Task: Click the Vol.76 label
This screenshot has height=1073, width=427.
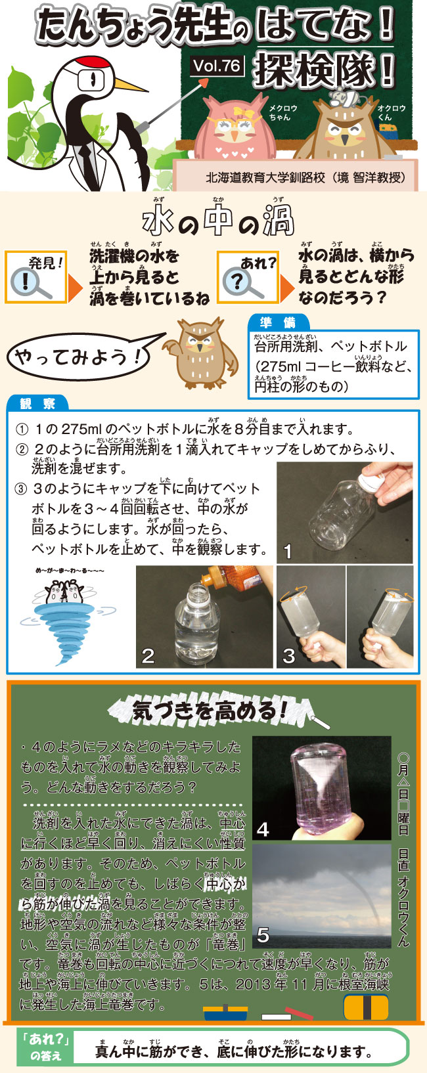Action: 217,66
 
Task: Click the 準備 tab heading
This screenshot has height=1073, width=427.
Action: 279,322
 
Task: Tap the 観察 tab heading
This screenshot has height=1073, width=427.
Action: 38,403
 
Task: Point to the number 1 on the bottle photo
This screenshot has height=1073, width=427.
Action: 288,552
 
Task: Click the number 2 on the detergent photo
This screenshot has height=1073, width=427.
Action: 148,655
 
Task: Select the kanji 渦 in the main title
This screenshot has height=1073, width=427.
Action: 278,221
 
